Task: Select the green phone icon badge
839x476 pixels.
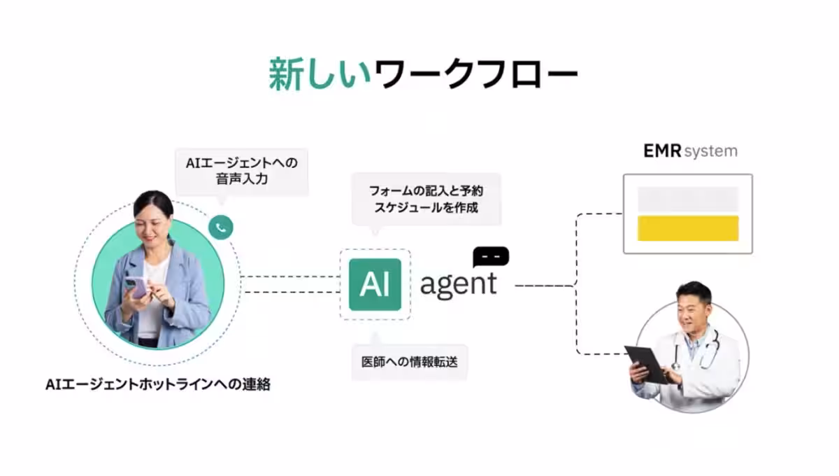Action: click(221, 227)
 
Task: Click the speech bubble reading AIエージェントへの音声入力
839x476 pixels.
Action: click(241, 171)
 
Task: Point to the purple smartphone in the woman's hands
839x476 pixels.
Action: click(138, 286)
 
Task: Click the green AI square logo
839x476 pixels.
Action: click(375, 284)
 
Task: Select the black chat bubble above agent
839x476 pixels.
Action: click(491, 256)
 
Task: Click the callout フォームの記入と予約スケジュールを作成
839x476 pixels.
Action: click(426, 199)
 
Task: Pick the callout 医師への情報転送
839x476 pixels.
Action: click(409, 363)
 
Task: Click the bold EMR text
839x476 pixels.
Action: click(661, 151)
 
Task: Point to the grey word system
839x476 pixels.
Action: click(710, 151)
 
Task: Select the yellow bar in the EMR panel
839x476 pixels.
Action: click(688, 228)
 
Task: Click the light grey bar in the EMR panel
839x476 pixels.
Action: click(688, 199)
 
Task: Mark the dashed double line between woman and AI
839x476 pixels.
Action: click(290, 283)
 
